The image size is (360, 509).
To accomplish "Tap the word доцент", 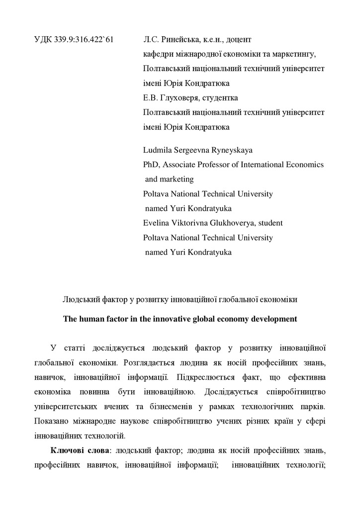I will [x=241, y=39].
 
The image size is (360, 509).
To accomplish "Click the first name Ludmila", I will [x=158, y=150].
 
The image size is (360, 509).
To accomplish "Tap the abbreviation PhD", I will [x=151, y=164].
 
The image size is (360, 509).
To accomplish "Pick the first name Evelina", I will [x=157, y=223].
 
